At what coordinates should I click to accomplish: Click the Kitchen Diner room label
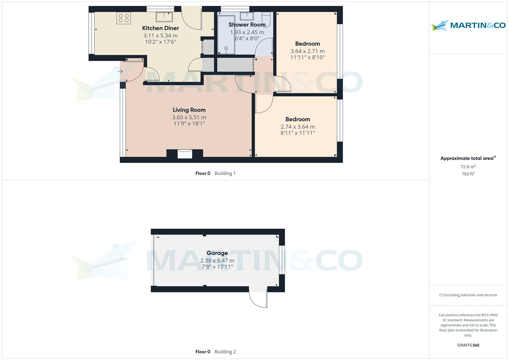tap(160, 28)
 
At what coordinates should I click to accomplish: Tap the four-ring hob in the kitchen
tap(124, 18)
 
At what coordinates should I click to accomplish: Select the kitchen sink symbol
tap(164, 17)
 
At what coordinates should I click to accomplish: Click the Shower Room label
tap(247, 25)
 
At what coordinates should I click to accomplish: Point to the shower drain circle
tap(226, 48)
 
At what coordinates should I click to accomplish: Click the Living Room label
tap(189, 110)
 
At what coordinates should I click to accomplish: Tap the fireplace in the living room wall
tap(185, 154)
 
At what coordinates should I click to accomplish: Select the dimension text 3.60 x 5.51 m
tap(189, 117)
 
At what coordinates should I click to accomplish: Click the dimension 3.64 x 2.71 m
tap(307, 51)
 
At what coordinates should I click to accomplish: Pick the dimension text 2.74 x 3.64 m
tap(298, 127)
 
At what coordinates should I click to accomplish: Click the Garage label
tap(217, 253)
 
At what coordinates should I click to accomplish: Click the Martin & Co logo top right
tap(468, 25)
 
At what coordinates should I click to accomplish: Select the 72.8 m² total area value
tap(468, 167)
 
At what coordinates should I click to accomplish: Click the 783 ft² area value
tap(468, 174)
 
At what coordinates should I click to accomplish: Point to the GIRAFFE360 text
tap(468, 345)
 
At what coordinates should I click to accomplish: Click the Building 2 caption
tap(225, 352)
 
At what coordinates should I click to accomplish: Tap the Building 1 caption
tap(225, 173)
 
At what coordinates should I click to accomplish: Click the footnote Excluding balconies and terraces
tap(468, 295)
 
